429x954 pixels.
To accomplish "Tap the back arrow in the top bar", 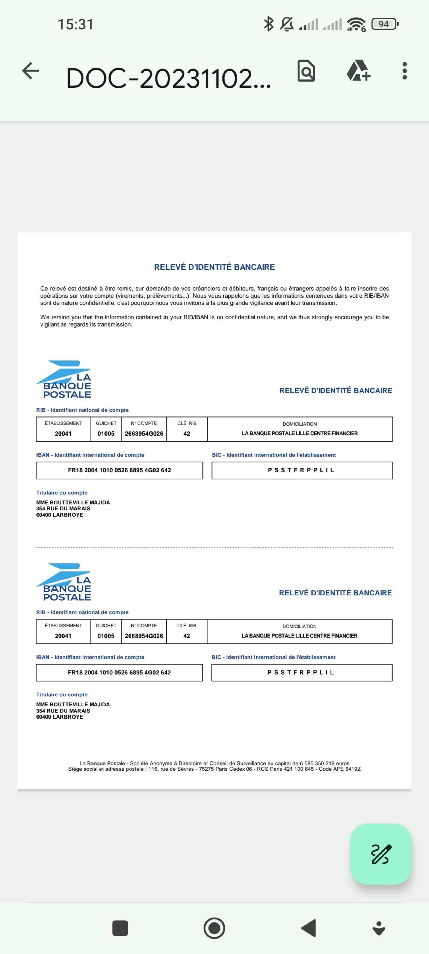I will pyautogui.click(x=31, y=71).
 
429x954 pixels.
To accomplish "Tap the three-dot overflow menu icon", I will pyautogui.click(x=405, y=71).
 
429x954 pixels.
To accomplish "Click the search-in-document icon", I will pyautogui.click(x=306, y=71).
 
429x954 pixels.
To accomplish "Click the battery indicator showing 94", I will pyautogui.click(x=385, y=24).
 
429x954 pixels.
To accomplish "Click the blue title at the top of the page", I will pyautogui.click(x=214, y=267).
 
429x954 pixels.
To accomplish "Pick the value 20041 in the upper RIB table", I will pyautogui.click(x=63, y=434).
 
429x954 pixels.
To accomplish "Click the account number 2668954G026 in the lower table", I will pyautogui.click(x=144, y=636).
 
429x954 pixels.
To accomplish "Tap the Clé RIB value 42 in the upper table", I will pyautogui.click(x=187, y=434).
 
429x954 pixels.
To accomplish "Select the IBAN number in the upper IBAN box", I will pyautogui.click(x=119, y=470).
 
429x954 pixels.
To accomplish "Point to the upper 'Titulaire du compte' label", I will pyautogui.click(x=62, y=492).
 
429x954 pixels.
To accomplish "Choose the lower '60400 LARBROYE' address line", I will pyautogui.click(x=60, y=717).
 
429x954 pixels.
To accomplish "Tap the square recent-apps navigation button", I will pyautogui.click(x=120, y=928).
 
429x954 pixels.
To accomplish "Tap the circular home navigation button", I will pyautogui.click(x=214, y=928).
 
